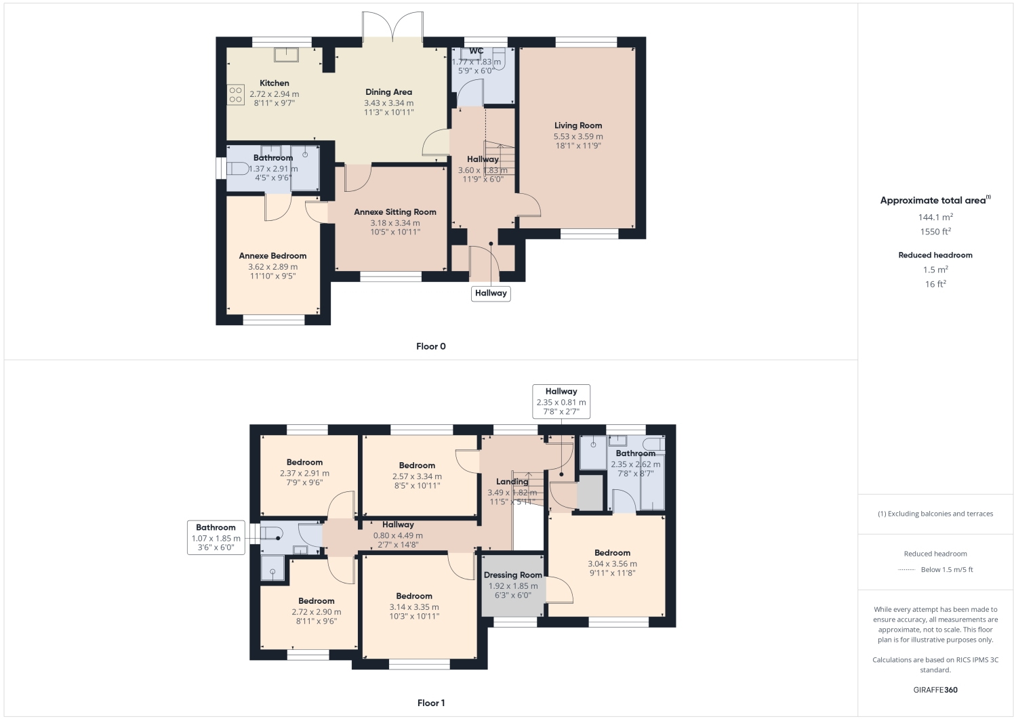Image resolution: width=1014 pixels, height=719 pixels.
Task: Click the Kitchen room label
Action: tap(274, 83)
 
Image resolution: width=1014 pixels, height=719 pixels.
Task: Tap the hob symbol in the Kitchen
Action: tap(235, 95)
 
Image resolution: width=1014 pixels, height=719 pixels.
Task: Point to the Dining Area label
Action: tap(388, 92)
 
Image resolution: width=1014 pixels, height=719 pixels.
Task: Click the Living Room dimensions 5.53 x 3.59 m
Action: tap(577, 136)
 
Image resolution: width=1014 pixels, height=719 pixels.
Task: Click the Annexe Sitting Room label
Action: tap(394, 212)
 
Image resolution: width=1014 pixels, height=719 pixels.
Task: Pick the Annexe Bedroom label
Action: tap(272, 256)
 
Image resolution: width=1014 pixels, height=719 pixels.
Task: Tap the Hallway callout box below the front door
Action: tap(491, 293)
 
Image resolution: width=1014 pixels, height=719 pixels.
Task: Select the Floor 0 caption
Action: tap(430, 346)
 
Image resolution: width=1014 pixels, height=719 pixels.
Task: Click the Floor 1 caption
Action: tap(430, 703)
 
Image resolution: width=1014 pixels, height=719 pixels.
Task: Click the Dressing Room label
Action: tap(512, 575)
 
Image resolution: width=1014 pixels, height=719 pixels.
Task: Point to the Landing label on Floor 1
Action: tap(512, 482)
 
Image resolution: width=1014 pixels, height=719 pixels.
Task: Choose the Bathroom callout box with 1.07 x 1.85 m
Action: tap(216, 537)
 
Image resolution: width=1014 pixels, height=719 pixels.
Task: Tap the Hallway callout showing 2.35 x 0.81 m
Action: tap(561, 401)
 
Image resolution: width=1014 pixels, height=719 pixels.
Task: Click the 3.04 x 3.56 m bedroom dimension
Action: tap(611, 564)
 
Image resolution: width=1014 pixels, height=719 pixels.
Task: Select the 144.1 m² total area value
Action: tap(935, 218)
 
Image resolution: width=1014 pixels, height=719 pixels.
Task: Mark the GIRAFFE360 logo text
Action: tap(935, 690)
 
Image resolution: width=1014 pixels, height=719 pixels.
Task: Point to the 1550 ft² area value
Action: tap(935, 232)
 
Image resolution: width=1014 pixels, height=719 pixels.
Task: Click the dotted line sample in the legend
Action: tap(906, 570)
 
